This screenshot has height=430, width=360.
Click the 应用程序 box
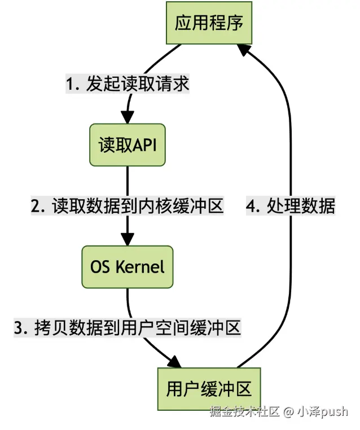(208, 24)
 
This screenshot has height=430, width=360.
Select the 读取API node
(128, 145)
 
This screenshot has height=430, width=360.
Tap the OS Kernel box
(128, 266)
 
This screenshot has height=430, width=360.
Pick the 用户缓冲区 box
(208, 389)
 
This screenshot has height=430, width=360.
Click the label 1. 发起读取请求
(128, 85)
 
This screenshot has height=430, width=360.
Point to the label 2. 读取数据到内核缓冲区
(128, 206)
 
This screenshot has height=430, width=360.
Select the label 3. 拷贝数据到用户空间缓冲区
(128, 327)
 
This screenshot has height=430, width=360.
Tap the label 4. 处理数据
(291, 206)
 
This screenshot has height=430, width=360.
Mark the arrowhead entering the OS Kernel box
(128, 240)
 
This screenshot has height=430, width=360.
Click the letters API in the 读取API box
(144, 145)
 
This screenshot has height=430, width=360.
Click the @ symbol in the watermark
(288, 411)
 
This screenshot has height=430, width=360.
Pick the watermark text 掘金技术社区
(244, 411)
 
